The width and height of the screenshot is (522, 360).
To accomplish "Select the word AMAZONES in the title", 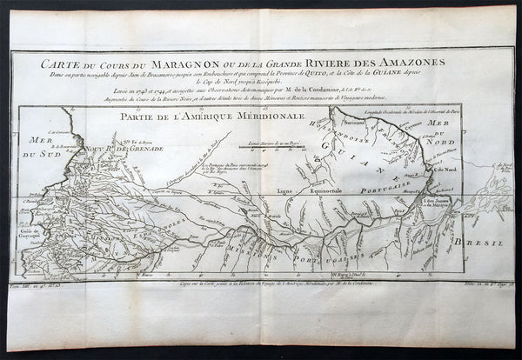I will pos(411,63).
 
